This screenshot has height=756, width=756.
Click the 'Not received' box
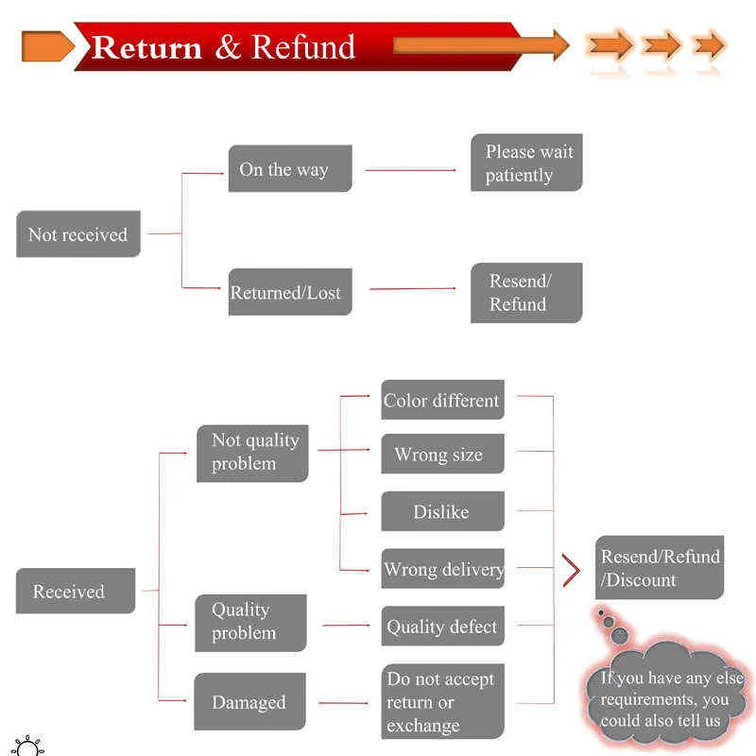point(78,233)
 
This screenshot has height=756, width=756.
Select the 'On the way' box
point(290,168)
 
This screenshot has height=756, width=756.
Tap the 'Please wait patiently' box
point(526,163)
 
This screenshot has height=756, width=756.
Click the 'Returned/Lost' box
point(290,292)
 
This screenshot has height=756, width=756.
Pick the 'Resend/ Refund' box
point(526,293)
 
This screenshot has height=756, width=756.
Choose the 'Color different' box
point(442,400)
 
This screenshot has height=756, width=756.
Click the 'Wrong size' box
point(442,454)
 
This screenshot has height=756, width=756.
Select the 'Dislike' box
point(442,511)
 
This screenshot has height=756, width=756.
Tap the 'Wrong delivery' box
point(442,569)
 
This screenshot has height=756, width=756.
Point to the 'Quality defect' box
point(442,626)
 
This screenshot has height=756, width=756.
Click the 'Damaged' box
point(249,701)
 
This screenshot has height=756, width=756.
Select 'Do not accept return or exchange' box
point(442,701)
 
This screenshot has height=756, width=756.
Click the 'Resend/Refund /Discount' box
point(660,568)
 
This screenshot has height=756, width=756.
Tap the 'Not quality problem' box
point(252,454)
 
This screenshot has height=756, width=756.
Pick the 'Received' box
point(76,591)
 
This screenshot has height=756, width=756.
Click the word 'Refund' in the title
point(303,46)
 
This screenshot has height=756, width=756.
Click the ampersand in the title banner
point(228,47)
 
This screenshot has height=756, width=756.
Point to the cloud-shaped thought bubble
point(665,695)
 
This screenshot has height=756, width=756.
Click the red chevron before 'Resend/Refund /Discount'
point(573,571)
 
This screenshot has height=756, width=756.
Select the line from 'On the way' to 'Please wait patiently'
point(410,170)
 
